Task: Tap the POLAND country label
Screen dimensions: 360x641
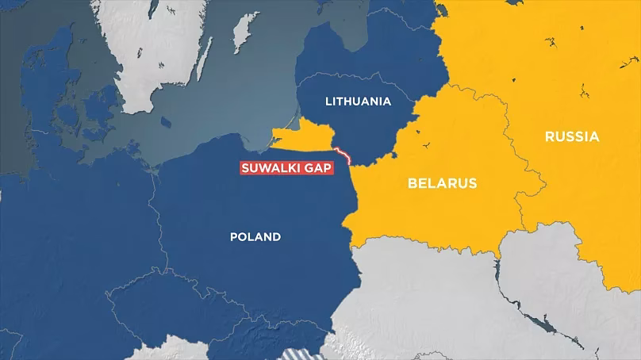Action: (255, 236)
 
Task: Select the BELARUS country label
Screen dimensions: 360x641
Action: (442, 183)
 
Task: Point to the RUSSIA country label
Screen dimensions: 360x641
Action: (572, 137)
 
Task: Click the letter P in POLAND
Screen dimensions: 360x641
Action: (233, 236)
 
